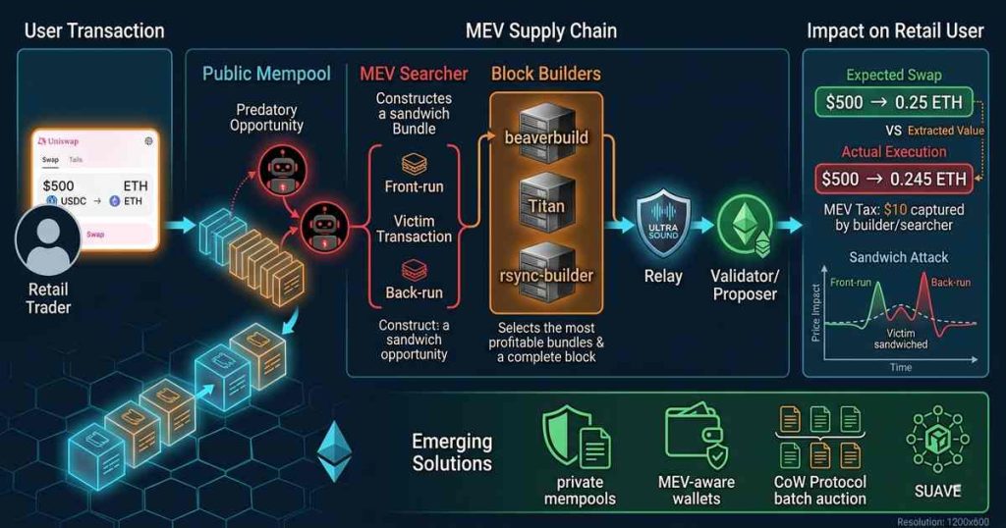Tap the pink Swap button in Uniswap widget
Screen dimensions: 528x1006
point(95,235)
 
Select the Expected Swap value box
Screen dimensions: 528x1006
point(893,103)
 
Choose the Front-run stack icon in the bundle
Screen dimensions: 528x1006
point(414,162)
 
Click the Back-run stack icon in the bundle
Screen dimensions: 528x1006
point(414,270)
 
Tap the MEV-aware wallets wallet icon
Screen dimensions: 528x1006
point(696,437)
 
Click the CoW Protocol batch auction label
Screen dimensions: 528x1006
point(819,491)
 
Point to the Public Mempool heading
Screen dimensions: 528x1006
point(266,74)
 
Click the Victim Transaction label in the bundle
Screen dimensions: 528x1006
point(414,228)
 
